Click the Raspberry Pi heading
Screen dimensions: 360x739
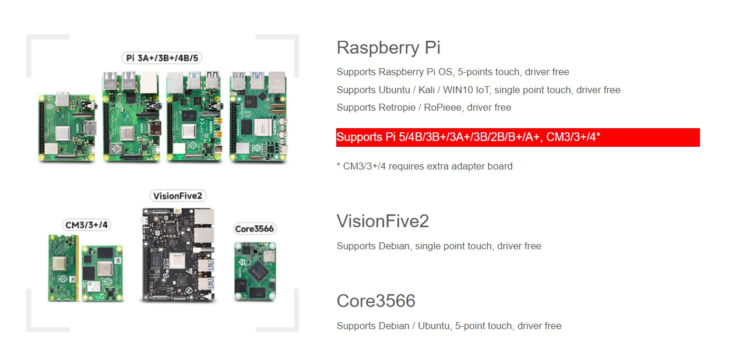pyautogui.click(x=388, y=47)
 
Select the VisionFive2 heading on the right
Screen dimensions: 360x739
pyautogui.click(x=382, y=221)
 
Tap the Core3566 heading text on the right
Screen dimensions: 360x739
pyautogui.click(x=376, y=301)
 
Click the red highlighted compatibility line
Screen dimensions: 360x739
pyautogui.click(x=518, y=137)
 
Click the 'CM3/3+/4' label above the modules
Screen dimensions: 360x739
pyautogui.click(x=86, y=224)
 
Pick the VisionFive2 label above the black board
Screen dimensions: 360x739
pyautogui.click(x=178, y=196)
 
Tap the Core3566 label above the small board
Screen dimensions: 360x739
pyautogui.click(x=254, y=229)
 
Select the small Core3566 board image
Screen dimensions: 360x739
pyautogui.click(x=255, y=271)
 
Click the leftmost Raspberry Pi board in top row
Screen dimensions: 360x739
pyautogui.click(x=68, y=126)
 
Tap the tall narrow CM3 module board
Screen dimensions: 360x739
pyautogui.click(x=63, y=268)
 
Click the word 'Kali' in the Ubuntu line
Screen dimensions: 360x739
pyautogui.click(x=427, y=90)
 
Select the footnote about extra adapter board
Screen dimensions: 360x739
pyautogui.click(x=424, y=166)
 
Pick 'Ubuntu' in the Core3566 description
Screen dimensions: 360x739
pyautogui.click(x=432, y=326)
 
